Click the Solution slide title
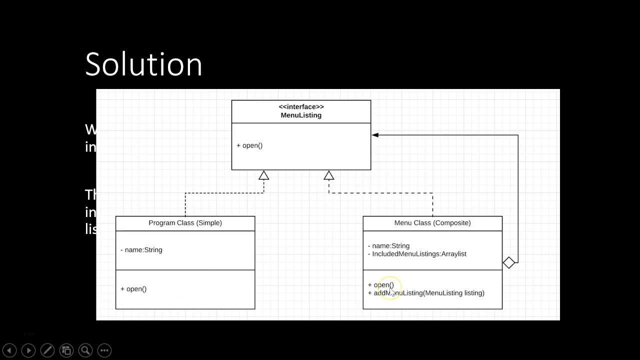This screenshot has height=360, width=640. [143, 64]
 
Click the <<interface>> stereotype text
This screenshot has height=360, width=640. [301, 106]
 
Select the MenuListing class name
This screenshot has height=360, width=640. [301, 115]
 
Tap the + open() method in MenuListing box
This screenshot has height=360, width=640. [249, 145]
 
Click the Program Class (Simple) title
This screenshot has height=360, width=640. [185, 223]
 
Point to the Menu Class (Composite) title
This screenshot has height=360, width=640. [432, 223]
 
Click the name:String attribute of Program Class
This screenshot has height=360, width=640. [141, 250]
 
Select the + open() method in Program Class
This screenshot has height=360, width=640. [133, 289]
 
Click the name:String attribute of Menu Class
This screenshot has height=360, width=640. [389, 246]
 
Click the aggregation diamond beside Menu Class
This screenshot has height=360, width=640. [509, 262]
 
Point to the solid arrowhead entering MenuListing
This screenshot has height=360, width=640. [375, 135]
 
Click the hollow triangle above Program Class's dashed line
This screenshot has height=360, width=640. [263, 175]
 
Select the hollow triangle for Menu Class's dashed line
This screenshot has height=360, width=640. [328, 175]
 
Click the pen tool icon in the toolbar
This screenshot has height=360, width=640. [47, 350]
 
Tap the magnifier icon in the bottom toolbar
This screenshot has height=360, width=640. [85, 350]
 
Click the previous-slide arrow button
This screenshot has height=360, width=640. [9, 350]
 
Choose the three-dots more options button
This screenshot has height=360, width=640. [104, 350]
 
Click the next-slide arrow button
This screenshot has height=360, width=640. [28, 350]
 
